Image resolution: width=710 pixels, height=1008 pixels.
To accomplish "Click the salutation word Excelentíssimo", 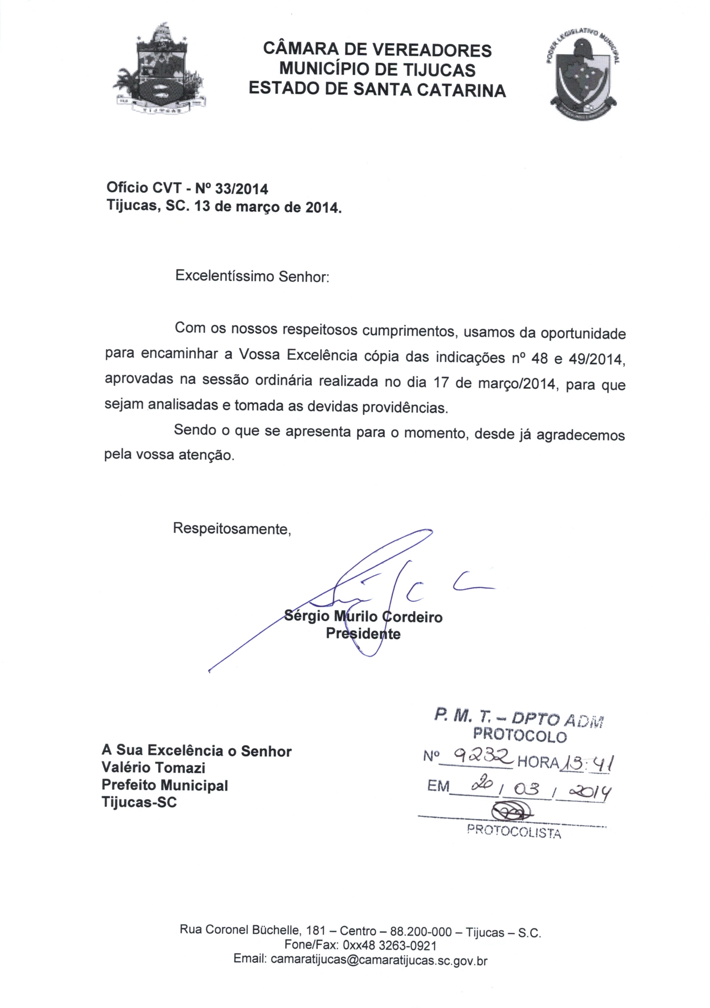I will pos(225,276).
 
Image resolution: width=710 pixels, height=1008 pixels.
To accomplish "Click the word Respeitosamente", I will pos(232,528).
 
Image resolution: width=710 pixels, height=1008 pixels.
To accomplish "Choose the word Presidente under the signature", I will pos(363,634).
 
